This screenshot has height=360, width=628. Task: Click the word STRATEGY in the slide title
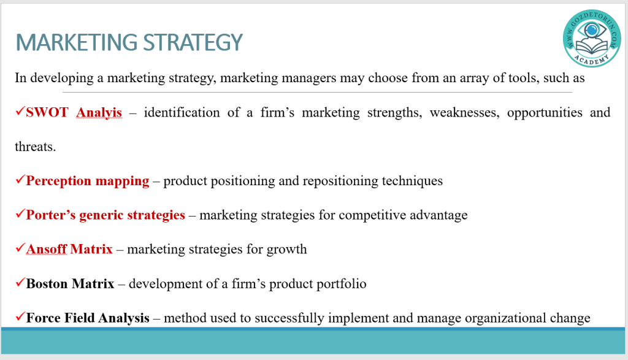(193, 42)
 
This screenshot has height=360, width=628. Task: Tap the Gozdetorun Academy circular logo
(592, 39)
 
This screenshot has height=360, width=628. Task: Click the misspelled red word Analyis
(99, 113)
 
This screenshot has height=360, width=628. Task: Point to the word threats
(35, 147)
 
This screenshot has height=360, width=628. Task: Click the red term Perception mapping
(88, 181)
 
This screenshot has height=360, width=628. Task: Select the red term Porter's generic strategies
(105, 215)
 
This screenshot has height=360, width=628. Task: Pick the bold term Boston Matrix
(70, 284)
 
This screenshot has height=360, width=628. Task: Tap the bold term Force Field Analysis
(88, 318)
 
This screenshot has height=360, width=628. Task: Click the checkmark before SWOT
(20, 111)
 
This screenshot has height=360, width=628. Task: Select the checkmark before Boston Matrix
(20, 282)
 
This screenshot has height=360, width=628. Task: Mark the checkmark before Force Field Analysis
(20, 316)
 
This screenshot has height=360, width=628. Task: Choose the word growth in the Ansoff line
(287, 250)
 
